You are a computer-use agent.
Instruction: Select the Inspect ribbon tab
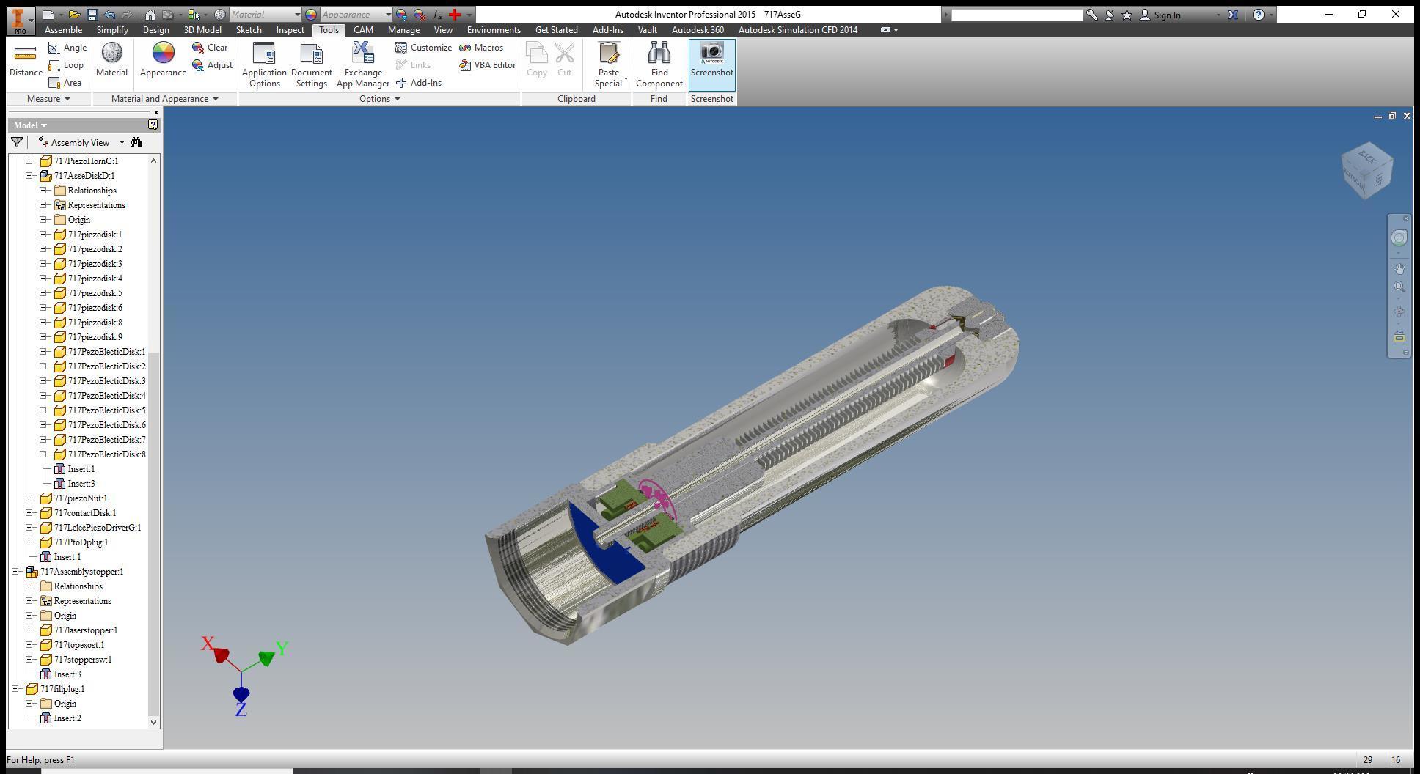(x=290, y=30)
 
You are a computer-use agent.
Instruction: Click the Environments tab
(x=494, y=30)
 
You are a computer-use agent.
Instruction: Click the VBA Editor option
(x=488, y=65)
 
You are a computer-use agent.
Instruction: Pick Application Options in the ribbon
(x=264, y=64)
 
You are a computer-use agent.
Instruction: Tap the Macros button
(x=481, y=48)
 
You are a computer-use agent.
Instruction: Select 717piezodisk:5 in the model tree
(x=95, y=293)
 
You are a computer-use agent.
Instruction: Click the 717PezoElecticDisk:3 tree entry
(x=106, y=381)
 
